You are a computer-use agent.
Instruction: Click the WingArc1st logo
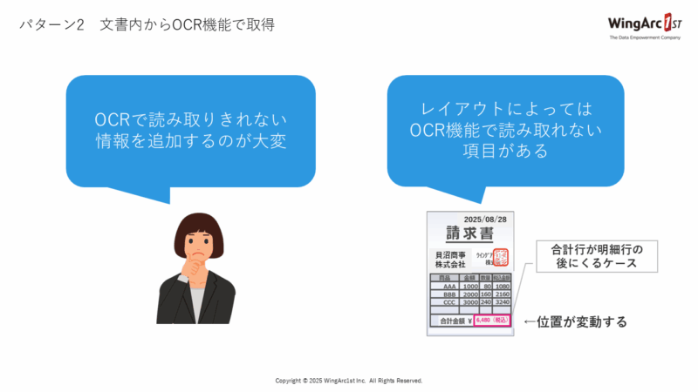point(644,26)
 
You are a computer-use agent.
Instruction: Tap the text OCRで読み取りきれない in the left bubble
point(191,120)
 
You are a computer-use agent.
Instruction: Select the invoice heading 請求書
point(469,234)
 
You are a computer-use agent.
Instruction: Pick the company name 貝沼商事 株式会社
point(450,259)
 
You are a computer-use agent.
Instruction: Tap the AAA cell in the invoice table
point(448,286)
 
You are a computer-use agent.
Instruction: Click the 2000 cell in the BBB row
point(470,294)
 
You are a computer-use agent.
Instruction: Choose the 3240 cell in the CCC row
point(503,302)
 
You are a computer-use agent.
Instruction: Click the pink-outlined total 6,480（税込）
point(493,320)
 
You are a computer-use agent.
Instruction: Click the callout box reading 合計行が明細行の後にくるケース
point(586,256)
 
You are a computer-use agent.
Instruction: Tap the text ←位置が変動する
point(576,322)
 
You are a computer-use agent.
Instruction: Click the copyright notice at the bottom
point(349,381)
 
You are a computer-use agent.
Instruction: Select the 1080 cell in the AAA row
point(503,286)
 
